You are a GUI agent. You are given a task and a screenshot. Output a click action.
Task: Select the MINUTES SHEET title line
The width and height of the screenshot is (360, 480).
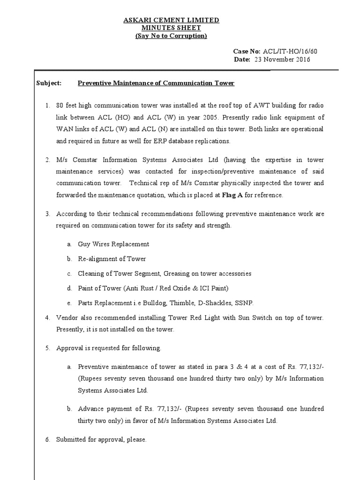[171, 28]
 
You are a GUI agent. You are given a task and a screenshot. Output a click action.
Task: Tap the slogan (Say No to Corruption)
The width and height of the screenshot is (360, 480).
[171, 36]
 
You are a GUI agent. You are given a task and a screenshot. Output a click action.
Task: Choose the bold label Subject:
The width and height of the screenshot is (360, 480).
[49, 83]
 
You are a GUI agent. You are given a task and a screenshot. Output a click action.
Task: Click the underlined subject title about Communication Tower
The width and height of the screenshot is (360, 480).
[156, 83]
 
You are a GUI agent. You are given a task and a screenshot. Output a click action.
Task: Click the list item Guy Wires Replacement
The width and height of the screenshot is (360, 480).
[113, 244]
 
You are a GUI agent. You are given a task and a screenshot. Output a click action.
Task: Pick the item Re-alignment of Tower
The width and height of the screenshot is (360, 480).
[112, 259]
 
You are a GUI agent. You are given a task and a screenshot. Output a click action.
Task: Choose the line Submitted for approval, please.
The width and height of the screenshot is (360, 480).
[101, 440]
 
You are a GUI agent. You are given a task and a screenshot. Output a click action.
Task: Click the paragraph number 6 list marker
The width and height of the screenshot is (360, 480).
[47, 440]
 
